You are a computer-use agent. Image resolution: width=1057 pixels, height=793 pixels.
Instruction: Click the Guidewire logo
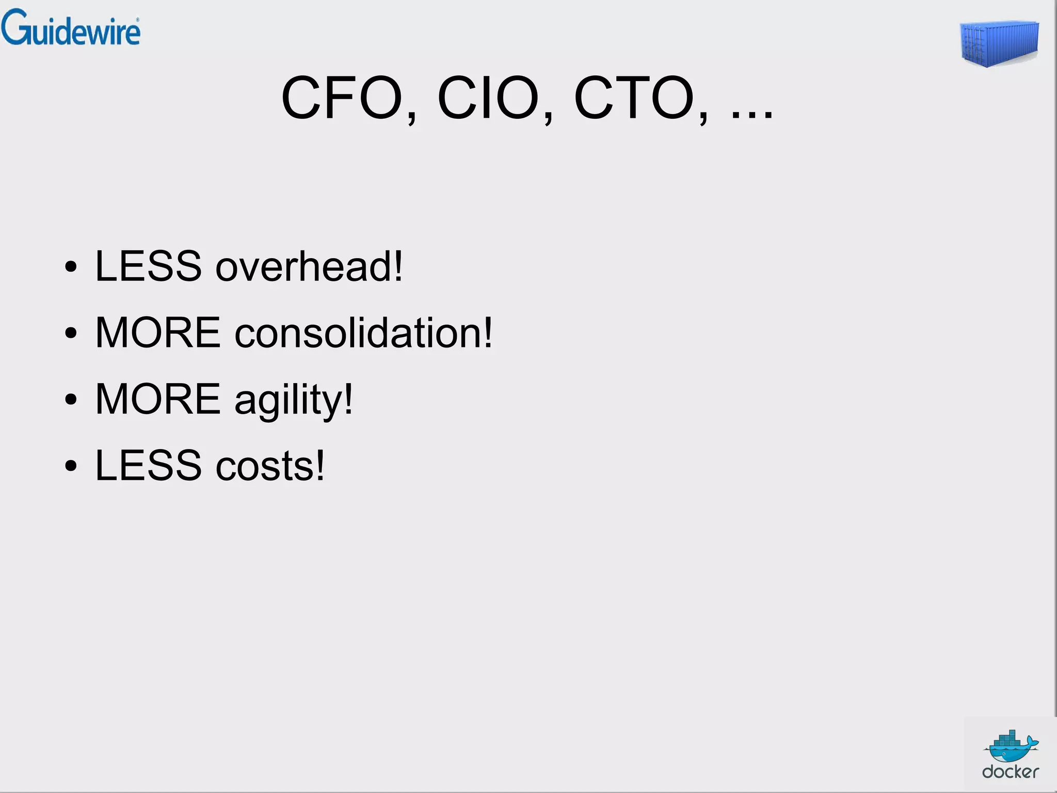coord(71,28)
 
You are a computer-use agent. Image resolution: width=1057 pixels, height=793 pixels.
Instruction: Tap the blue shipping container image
coord(999,43)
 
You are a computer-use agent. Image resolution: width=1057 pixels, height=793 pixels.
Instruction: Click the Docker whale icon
coord(1011,746)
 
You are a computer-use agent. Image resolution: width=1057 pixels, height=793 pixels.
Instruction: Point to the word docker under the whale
coord(1011,772)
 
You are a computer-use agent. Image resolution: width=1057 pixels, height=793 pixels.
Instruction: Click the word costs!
coord(270,466)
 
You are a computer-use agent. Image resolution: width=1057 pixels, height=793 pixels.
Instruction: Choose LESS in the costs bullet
coord(148,466)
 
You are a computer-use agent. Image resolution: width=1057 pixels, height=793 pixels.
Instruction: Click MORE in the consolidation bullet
coord(158,333)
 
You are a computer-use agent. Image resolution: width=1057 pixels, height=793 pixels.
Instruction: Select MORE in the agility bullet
coord(158,399)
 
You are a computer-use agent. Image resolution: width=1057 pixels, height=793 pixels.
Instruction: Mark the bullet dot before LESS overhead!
coord(71,267)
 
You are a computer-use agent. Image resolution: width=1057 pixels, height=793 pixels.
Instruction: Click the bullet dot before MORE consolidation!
coord(71,334)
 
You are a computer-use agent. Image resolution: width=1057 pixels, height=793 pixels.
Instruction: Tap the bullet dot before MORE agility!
coord(71,400)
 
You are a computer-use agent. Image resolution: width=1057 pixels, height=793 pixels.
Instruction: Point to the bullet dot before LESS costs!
coord(71,466)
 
